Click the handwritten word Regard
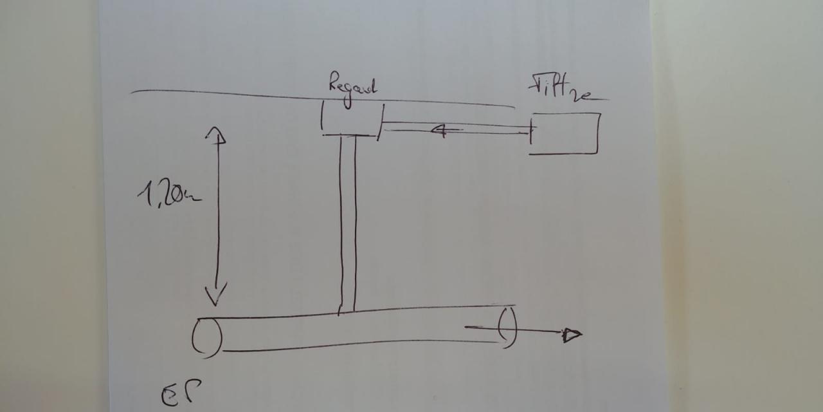click(352, 87)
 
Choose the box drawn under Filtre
click(565, 134)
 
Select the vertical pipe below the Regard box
click(348, 222)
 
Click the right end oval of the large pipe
click(507, 326)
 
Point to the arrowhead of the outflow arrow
click(572, 334)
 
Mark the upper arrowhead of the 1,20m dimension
click(215, 133)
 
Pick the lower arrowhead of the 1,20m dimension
click(215, 297)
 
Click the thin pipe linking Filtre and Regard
click(457, 127)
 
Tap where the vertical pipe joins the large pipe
click(347, 312)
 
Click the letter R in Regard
click(334, 84)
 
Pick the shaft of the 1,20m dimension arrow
click(217, 216)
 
